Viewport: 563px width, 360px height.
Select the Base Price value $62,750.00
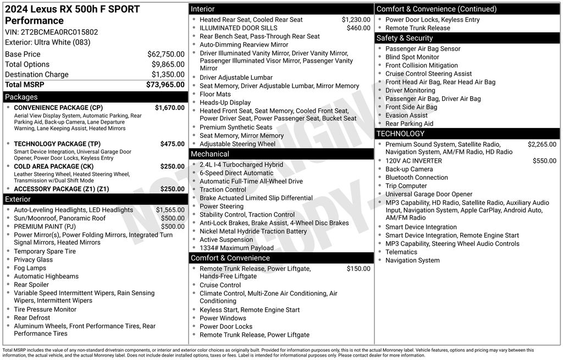click(x=165, y=54)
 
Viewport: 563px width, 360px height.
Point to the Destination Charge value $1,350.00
click(x=168, y=75)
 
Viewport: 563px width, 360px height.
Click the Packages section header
click(x=21, y=97)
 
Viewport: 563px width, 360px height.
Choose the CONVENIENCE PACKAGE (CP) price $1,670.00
click(x=169, y=108)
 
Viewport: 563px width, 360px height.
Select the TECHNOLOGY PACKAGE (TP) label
click(x=57, y=144)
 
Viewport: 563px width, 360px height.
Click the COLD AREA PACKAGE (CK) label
click(x=53, y=167)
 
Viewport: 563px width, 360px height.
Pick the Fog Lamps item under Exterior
click(x=30, y=268)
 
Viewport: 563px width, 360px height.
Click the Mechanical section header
click(x=210, y=154)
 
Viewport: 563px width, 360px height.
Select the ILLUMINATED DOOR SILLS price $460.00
click(x=358, y=28)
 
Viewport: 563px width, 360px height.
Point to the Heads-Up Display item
click(x=225, y=103)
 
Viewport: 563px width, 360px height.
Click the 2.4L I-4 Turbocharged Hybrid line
click(x=241, y=165)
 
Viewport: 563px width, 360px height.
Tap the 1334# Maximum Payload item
click(x=236, y=248)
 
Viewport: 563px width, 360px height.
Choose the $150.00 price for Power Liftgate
click(x=358, y=269)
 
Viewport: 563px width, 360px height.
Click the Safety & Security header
click(x=405, y=38)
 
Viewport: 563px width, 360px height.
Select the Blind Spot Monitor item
click(x=412, y=57)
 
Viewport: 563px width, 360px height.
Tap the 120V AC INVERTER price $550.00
click(x=544, y=161)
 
